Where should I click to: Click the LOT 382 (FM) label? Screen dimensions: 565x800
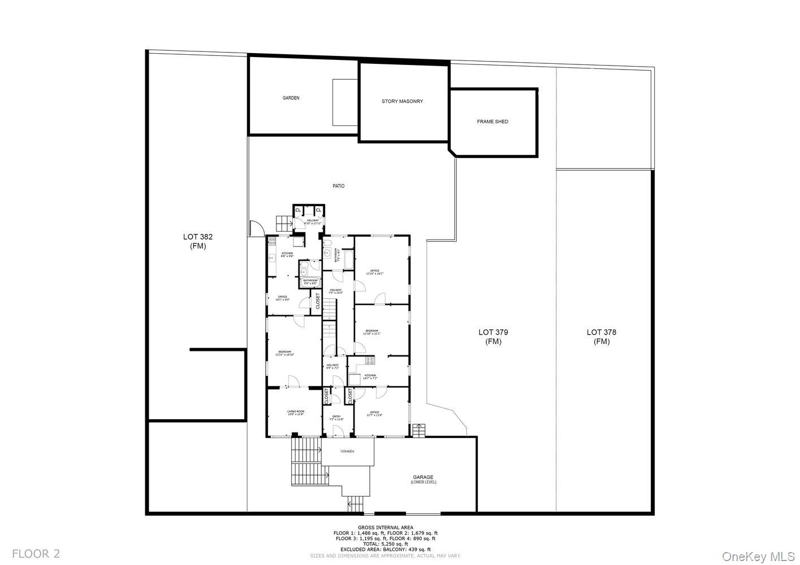point(197,241)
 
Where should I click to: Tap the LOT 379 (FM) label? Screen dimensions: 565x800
point(493,337)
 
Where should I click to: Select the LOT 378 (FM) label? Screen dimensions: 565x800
point(601,337)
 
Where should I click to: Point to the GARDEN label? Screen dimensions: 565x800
point(291,98)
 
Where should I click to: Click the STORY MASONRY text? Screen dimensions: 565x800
point(402,101)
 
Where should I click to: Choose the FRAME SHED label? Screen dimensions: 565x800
point(492,121)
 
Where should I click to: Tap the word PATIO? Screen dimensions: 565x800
point(338,186)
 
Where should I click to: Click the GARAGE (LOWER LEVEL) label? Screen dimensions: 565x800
point(423,480)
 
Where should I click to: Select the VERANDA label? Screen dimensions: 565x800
point(347,451)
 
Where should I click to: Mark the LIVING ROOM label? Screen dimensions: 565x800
point(296,412)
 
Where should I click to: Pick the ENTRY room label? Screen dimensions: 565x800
point(336,418)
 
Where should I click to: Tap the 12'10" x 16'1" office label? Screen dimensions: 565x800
point(374,272)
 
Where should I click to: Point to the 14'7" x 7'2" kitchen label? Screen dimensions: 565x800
point(370,377)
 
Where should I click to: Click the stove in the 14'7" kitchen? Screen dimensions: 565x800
point(370,359)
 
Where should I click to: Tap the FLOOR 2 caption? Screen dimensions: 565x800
point(36,553)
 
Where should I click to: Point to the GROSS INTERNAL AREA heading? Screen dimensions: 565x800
point(385,527)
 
